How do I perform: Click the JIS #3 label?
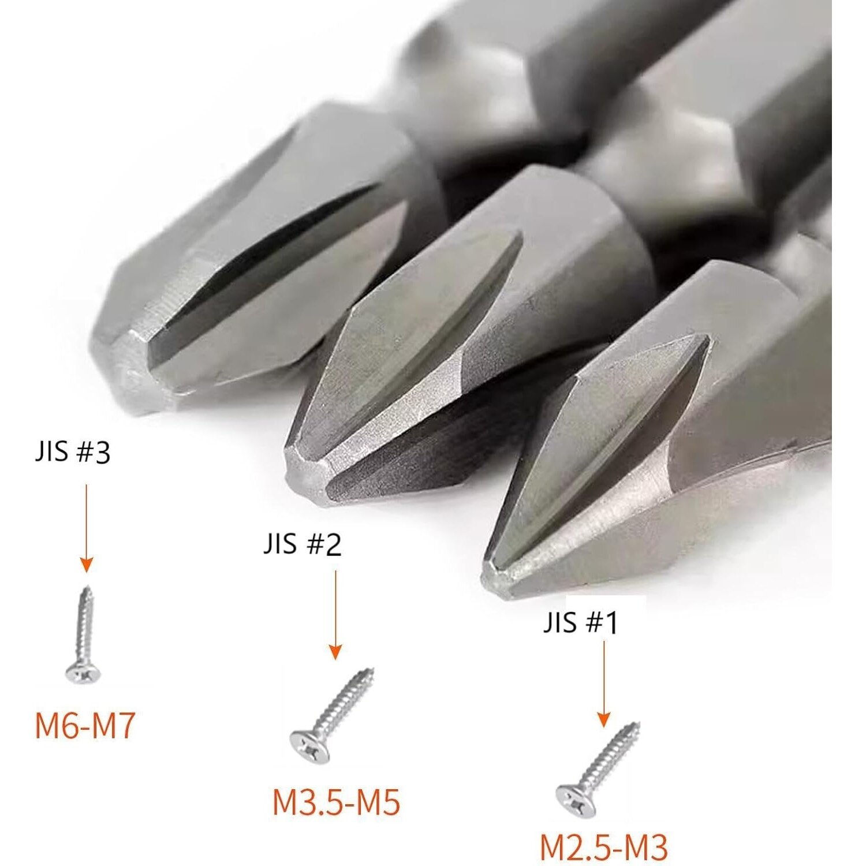(72, 453)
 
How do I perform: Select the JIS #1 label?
(581, 623)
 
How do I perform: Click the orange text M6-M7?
(85, 726)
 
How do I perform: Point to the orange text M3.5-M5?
(337, 802)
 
